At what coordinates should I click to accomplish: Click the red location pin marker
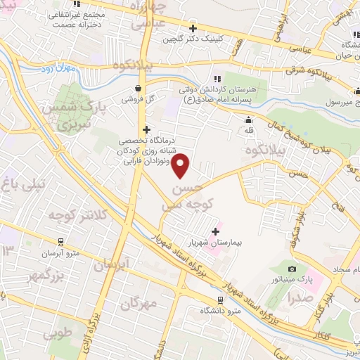(x=181, y=166)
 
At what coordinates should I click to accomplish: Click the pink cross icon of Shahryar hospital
(x=215, y=231)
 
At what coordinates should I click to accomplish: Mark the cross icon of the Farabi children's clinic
(x=146, y=129)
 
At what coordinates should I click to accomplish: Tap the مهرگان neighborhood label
(x=136, y=305)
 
